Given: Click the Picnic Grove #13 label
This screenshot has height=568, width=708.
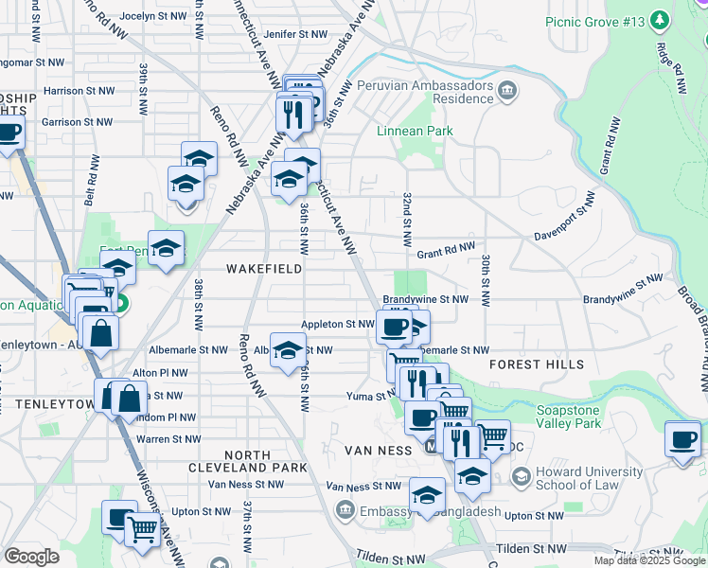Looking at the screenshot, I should (593, 22).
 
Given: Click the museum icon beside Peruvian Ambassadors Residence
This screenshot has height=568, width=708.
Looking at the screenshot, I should (510, 91).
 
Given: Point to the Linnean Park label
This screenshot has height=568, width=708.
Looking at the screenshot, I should (415, 131).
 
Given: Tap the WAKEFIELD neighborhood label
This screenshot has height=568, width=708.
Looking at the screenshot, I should (264, 269).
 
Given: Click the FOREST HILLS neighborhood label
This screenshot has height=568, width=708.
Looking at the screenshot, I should (538, 364).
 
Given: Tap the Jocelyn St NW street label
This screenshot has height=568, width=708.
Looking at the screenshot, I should (154, 16).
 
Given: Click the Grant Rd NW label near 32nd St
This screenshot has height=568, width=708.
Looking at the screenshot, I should (445, 253).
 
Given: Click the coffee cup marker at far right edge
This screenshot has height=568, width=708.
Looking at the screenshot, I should (683, 438).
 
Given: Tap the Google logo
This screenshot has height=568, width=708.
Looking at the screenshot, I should (31, 557).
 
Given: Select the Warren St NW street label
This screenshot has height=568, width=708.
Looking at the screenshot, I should (168, 439).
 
